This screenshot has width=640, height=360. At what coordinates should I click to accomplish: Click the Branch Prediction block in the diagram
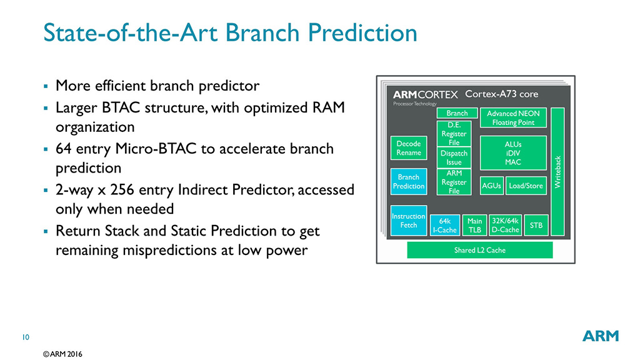pos(408,181)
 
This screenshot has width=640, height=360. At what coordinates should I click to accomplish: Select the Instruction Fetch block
pos(408,221)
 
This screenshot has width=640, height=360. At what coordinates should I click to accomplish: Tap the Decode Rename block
pos(408,148)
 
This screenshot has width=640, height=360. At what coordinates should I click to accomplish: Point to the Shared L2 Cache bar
pos(479,250)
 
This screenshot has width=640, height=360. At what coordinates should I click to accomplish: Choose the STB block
pos(536,225)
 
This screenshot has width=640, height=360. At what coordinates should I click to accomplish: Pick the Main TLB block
pos(474,225)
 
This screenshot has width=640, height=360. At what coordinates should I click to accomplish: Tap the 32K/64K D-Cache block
pos(504,225)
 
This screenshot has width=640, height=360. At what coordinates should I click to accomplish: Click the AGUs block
pos(491,186)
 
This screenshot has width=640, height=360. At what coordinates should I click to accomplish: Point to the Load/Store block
pos(525,186)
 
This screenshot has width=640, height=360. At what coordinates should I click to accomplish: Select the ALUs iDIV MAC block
pos(512,153)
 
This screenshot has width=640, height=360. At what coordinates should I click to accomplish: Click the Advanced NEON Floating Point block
pos(512,118)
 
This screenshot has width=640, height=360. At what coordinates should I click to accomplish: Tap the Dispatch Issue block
pos(454,157)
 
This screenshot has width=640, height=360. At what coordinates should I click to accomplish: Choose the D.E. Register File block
pos(454,134)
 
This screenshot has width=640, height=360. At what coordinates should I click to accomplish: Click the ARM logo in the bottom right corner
pos(600,336)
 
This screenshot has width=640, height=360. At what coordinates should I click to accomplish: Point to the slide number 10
pos(26,338)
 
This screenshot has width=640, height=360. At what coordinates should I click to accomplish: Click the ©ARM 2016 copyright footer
pos(62,354)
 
